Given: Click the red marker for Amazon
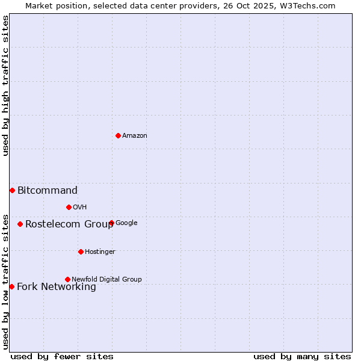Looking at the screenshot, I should point(118,135).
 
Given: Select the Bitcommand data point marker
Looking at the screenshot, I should point(12,190).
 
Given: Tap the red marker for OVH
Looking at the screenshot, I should point(69,207).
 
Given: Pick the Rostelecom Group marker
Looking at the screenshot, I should point(20,224).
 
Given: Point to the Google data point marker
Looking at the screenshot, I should point(111,223).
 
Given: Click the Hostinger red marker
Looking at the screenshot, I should point(81,251).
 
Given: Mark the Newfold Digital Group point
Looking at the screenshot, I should point(67,279).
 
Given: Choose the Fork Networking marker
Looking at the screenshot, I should point(11,286).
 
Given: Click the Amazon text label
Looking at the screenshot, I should point(135,136).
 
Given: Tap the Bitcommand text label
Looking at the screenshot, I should point(48,191).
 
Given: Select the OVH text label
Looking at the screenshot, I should point(80,208).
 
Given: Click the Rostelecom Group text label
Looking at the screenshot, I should point(69,224).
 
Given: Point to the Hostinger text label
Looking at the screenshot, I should point(100,252).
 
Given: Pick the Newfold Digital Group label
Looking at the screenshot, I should point(107,279).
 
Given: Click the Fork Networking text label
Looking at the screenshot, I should point(57,287).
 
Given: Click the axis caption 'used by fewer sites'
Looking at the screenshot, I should point(62,357).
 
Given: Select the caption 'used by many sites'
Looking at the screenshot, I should point(302,357).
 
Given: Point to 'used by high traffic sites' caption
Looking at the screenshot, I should point(5,85).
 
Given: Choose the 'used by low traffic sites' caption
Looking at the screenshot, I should point(5,282).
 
